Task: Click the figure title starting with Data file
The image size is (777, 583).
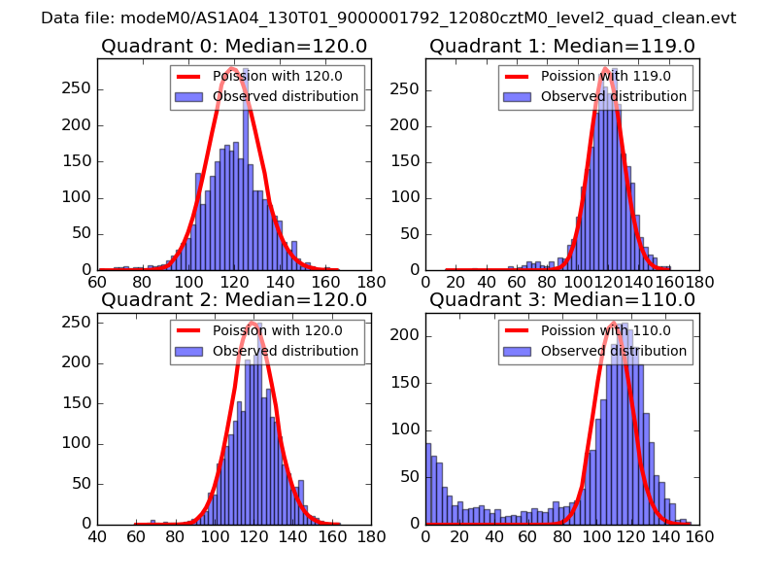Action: point(388,17)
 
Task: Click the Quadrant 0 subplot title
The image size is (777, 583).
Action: point(233,47)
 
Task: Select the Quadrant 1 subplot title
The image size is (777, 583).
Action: point(561,47)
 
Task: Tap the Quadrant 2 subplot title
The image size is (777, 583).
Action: point(233,300)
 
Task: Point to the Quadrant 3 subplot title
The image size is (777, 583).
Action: point(561,300)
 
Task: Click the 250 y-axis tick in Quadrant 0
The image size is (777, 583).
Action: point(78,88)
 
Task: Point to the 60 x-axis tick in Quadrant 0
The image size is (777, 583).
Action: point(97,283)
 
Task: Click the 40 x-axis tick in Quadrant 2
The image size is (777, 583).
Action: point(97,536)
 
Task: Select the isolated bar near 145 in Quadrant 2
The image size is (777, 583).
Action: point(301,501)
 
